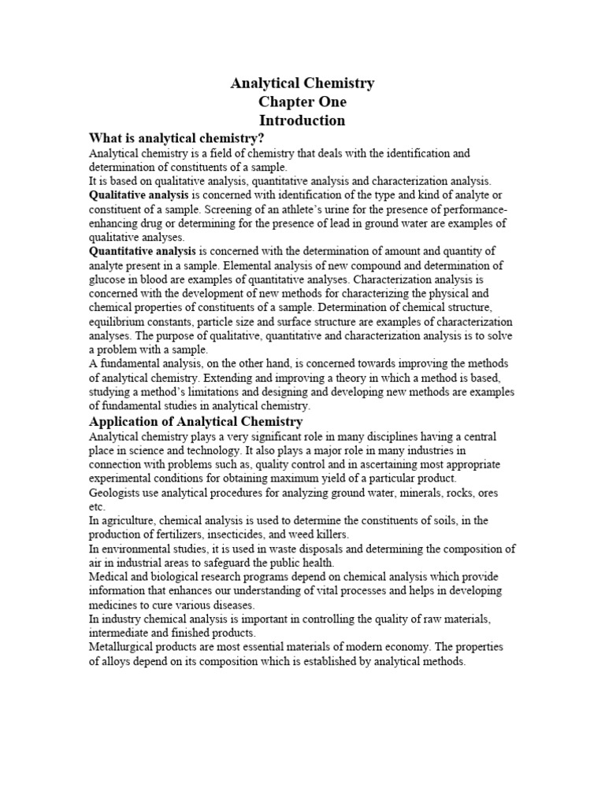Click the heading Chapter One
[x=302, y=102]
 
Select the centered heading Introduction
[x=302, y=121]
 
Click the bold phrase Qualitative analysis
[x=139, y=194]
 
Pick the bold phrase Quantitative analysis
[x=143, y=251]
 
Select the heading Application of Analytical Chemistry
[x=196, y=422]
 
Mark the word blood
[x=158, y=279]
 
